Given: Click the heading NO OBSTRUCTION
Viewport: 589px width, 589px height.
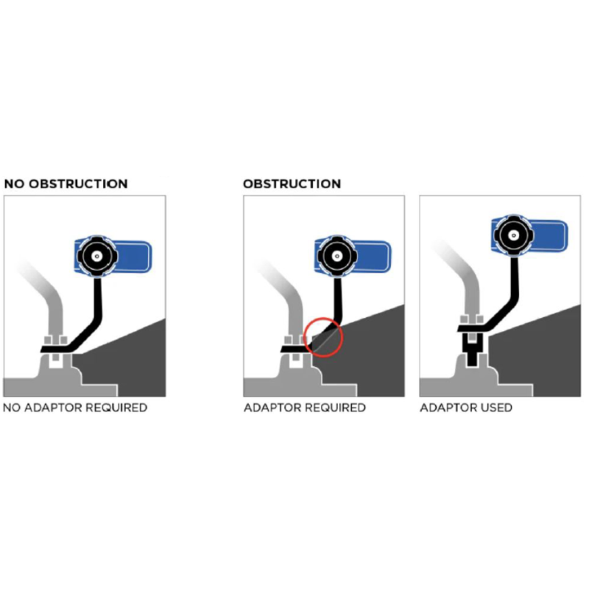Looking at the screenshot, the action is click(x=66, y=184).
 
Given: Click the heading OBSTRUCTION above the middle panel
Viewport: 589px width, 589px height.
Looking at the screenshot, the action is click(x=292, y=184).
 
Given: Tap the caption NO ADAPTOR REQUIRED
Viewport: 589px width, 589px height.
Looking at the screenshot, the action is click(x=75, y=408).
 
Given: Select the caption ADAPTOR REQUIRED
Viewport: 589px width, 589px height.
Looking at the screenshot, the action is click(x=305, y=408).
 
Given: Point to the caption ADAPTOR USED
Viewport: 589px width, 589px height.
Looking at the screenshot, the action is click(x=466, y=408).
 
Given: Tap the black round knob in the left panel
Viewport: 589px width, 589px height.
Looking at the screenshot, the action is click(x=96, y=256).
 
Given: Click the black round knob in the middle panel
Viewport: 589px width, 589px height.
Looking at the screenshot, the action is click(x=337, y=256).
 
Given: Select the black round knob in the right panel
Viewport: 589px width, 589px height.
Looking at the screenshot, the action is click(x=513, y=235).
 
